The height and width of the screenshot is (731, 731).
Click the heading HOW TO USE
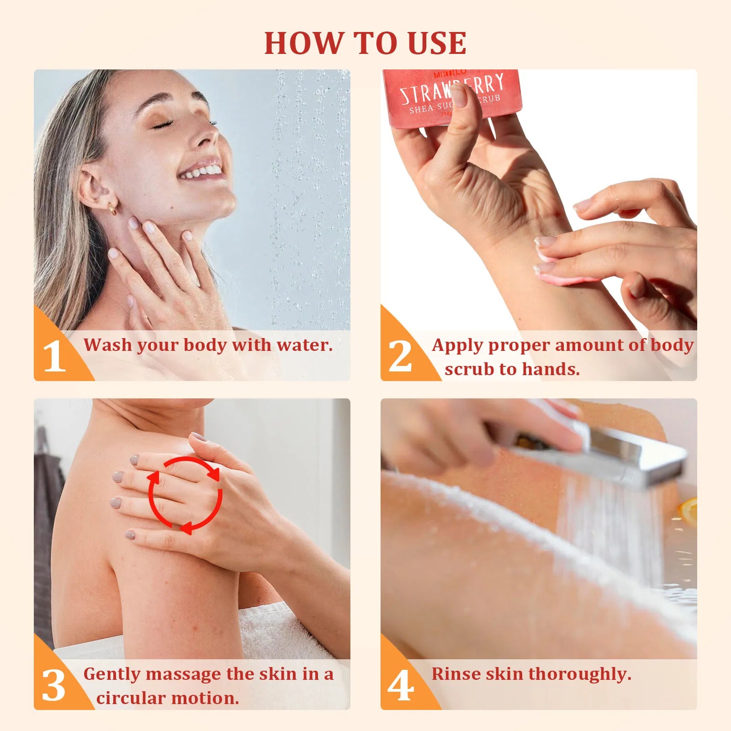[x=365, y=43]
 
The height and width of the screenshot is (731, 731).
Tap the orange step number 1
[x=54, y=357]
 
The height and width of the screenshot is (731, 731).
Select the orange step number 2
[x=400, y=357]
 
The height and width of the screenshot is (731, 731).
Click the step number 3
[x=54, y=686]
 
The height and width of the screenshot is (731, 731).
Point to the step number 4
[x=401, y=686]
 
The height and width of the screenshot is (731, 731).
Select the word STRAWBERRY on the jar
[x=452, y=89]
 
